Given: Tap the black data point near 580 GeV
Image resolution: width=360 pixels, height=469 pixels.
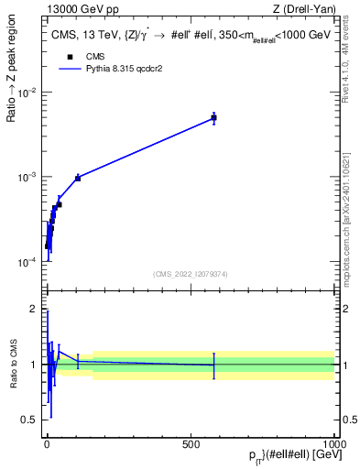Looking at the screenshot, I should (x=213, y=117).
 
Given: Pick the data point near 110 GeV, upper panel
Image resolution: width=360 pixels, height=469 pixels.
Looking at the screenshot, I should (x=78, y=178).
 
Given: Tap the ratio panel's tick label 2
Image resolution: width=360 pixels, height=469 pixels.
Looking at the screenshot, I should (x=34, y=309).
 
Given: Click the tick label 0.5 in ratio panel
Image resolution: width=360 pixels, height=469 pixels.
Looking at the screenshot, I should (x=29, y=420).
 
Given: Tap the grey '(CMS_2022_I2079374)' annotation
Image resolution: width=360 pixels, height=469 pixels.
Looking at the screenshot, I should (x=191, y=273).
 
